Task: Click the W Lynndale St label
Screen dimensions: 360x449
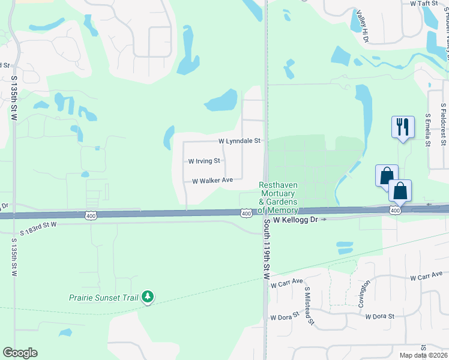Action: point(239,141)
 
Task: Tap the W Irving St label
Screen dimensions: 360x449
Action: point(204,161)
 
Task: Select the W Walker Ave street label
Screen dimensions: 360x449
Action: point(212,181)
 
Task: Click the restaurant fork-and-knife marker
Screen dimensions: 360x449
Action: point(402,127)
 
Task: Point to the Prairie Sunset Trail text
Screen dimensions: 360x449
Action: point(103,297)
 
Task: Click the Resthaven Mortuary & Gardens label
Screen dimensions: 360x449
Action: point(279,198)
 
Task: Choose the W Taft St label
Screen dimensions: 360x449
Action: point(426,3)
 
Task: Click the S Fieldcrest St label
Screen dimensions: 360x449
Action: point(442,124)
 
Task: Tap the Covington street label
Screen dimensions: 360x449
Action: point(361,293)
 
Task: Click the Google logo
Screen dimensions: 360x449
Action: point(20,353)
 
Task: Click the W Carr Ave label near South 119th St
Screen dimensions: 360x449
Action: point(287,283)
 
